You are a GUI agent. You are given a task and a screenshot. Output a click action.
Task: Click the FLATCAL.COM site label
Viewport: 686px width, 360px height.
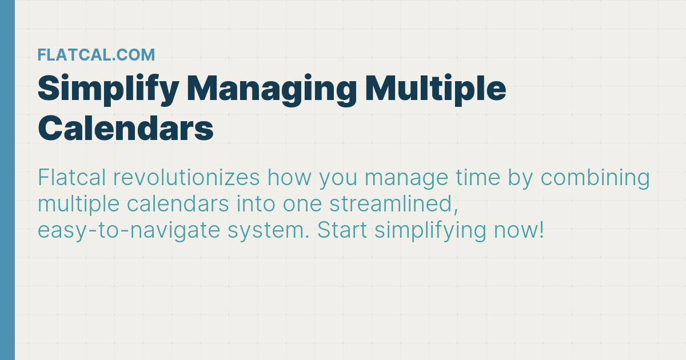pyautogui.click(x=96, y=55)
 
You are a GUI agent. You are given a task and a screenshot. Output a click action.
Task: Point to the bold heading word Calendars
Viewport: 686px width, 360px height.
pyautogui.click(x=126, y=129)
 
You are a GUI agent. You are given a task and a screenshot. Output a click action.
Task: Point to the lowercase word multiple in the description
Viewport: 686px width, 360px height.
pyautogui.click(x=75, y=205)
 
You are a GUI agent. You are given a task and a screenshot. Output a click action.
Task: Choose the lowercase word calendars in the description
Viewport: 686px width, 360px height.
pyautogui.click(x=175, y=205)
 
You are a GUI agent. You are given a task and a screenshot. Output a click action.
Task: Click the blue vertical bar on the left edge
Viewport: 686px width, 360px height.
pyautogui.click(x=7, y=180)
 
